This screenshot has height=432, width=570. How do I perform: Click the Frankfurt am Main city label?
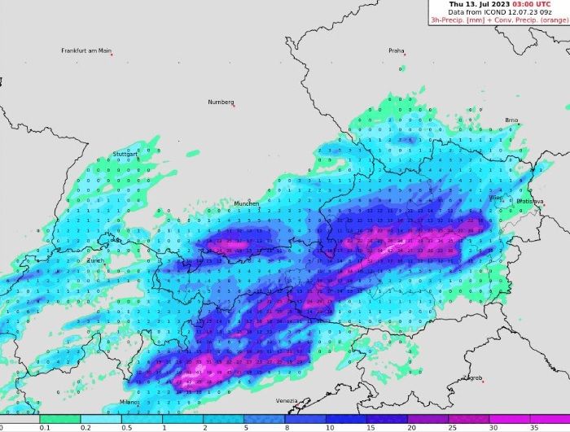(x=85, y=50)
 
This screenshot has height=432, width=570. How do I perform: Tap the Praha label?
(x=396, y=50)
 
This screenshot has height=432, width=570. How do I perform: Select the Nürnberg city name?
(x=221, y=102)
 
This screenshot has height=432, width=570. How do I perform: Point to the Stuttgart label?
(x=125, y=154)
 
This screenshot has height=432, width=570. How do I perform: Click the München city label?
(x=247, y=203)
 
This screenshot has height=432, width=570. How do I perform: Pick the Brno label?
(x=511, y=120)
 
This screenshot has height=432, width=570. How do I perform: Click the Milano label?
(x=129, y=402)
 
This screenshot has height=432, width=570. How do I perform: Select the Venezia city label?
(x=287, y=400)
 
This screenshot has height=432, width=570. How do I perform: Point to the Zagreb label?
(x=473, y=377)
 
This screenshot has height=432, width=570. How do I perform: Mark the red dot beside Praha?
(x=405, y=55)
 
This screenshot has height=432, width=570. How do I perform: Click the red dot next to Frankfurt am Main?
(x=112, y=55)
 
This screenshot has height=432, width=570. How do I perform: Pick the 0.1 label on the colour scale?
(x=45, y=426)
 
